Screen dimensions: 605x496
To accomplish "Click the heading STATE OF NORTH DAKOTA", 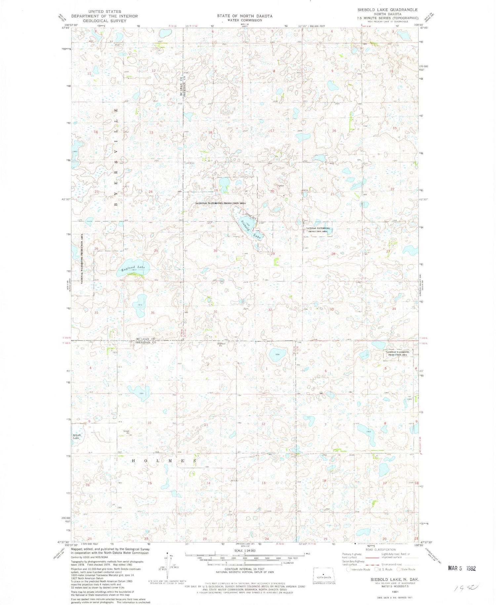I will pyautogui.click(x=245, y=16).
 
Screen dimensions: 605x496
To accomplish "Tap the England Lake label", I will pyautogui.click(x=133, y=268).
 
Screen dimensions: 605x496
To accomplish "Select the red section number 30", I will pyautogui.click(x=215, y=251).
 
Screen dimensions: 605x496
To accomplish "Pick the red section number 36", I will pyautogui.click(x=152, y=313).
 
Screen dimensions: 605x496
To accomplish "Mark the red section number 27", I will pyautogui.click(x=388, y=251).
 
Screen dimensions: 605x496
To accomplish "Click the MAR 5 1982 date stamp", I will pyautogui.click(x=462, y=568).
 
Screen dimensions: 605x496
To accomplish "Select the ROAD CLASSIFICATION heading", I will pyautogui.click(x=380, y=550).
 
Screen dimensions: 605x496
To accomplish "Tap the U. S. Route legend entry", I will pyautogui.click(x=384, y=569).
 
